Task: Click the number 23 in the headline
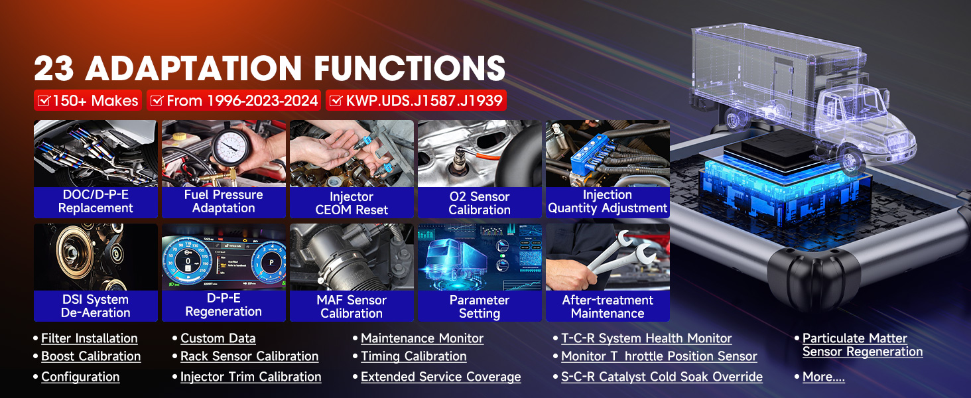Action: click(54, 68)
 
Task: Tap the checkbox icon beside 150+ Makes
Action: click(44, 101)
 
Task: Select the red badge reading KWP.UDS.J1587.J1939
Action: click(416, 101)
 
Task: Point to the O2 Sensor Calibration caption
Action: click(480, 203)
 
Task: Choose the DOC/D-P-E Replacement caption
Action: click(96, 201)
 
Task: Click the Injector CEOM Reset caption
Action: click(352, 203)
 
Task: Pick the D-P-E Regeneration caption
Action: click(224, 304)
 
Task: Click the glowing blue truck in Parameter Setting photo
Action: click(456, 260)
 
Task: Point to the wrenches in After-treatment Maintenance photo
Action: click(620, 253)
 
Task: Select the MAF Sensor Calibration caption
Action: click(352, 306)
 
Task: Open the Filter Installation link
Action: click(90, 338)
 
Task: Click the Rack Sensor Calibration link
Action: click(249, 356)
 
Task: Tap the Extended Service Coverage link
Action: click(441, 377)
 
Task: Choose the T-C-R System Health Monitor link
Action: click(646, 338)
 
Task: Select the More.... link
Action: click(824, 377)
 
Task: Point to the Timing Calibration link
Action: click(414, 356)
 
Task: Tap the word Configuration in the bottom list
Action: click(80, 377)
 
